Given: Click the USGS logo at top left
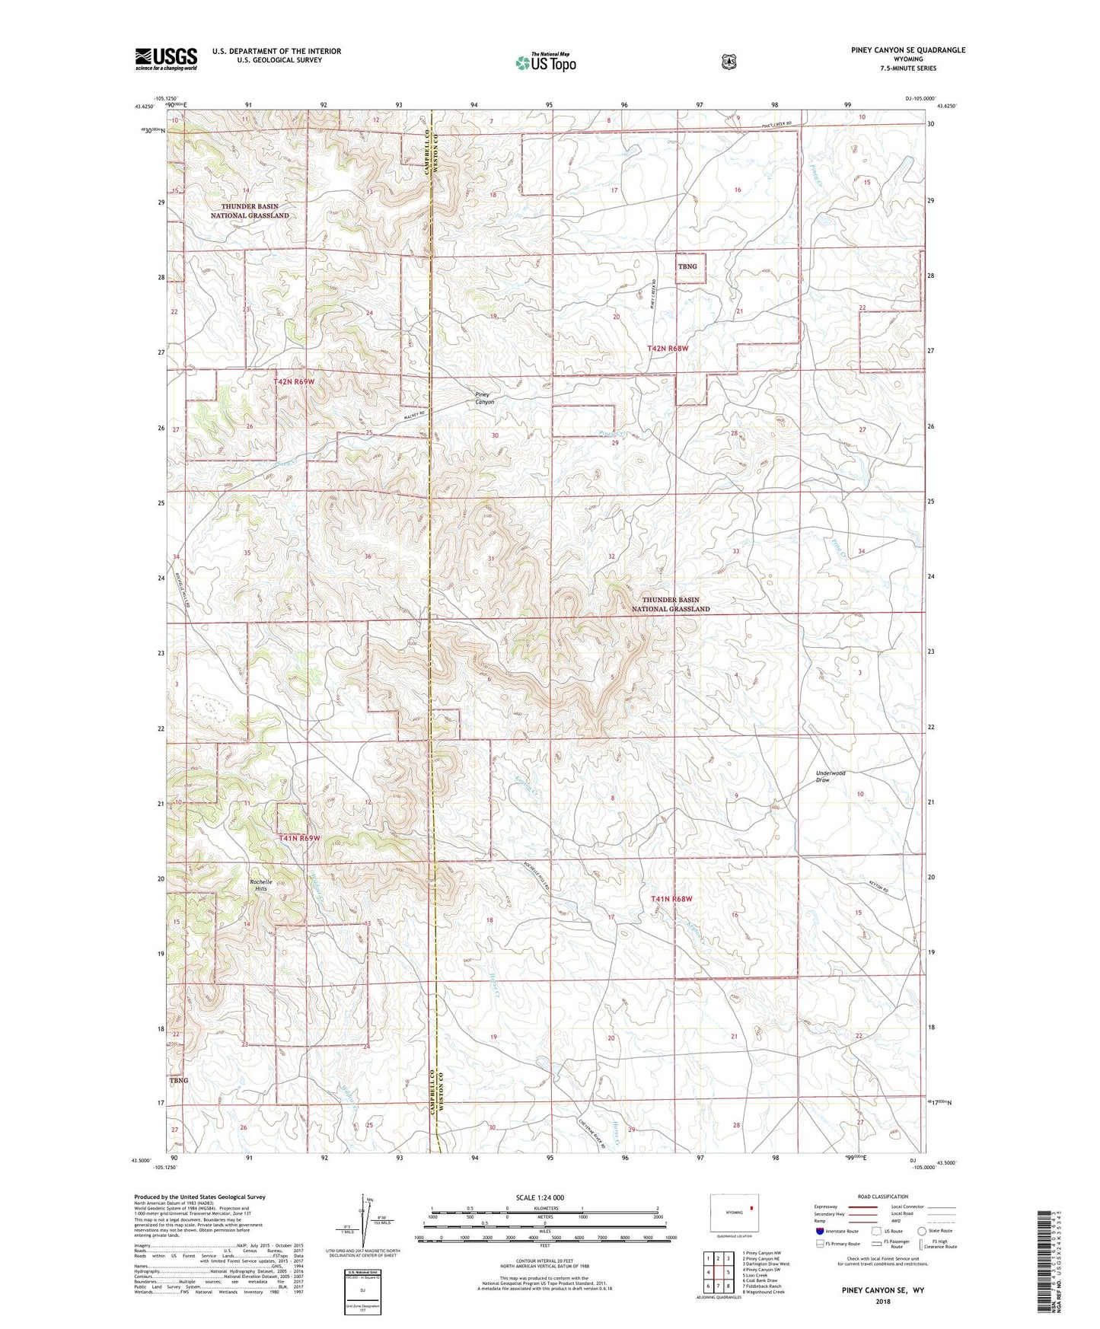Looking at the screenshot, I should point(166,59).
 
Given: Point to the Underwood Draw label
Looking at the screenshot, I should point(830,776).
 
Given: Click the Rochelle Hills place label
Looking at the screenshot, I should point(260,885).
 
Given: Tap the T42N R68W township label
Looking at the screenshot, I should point(668,348).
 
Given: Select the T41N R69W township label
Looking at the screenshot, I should point(299,838).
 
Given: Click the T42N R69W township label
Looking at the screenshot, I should point(294,381).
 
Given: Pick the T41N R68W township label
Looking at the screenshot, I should point(671,899).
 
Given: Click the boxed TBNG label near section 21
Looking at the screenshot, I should point(687,266).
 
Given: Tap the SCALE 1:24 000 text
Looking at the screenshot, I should point(540,1197).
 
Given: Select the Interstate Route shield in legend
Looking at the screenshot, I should point(819,1231).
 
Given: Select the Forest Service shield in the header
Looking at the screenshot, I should point(729,61).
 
